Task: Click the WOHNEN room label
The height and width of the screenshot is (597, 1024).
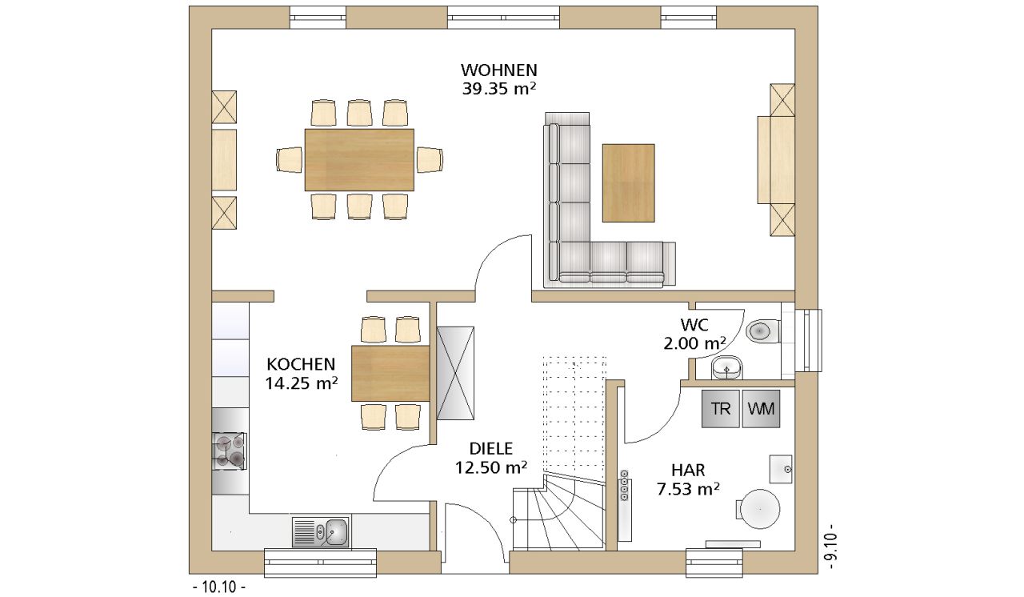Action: pyautogui.click(x=498, y=70)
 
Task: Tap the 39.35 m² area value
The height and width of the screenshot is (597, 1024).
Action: pyautogui.click(x=498, y=89)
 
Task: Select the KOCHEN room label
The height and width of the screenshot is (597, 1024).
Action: pyautogui.click(x=301, y=364)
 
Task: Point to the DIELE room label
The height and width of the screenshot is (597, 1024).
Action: pyautogui.click(x=491, y=448)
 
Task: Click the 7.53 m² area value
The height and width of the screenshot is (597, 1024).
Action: pyautogui.click(x=688, y=489)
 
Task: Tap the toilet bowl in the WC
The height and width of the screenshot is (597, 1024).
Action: pyautogui.click(x=762, y=331)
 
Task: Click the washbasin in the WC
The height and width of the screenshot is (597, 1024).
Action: pyautogui.click(x=726, y=367)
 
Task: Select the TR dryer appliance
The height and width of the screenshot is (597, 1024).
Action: pyautogui.click(x=721, y=409)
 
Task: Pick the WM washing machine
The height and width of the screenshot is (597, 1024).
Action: pyautogui.click(x=761, y=409)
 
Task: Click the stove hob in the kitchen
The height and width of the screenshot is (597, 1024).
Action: pyautogui.click(x=230, y=451)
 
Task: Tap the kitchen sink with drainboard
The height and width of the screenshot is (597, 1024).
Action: pyautogui.click(x=321, y=531)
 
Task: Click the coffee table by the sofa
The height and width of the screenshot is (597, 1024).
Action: pyautogui.click(x=629, y=182)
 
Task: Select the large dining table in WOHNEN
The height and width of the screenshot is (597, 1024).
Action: pyautogui.click(x=359, y=159)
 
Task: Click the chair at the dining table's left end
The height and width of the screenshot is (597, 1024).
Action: pyautogui.click(x=290, y=160)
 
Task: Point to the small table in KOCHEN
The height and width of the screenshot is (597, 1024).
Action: pyautogui.click(x=390, y=374)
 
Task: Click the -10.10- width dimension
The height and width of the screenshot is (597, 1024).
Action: pyautogui.click(x=219, y=587)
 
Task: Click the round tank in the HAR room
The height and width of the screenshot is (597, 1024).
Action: pyautogui.click(x=760, y=509)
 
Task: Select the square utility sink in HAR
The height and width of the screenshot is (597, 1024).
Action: pyautogui.click(x=781, y=469)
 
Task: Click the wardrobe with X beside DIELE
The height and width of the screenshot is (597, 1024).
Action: pyautogui.click(x=455, y=373)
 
